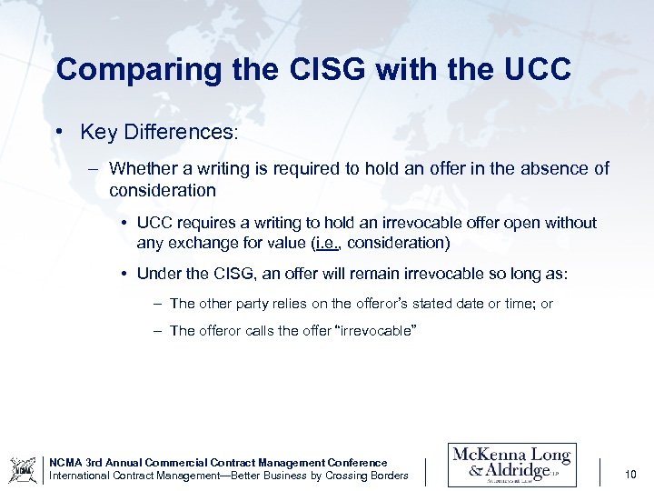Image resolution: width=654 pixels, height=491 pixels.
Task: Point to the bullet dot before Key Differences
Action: (59, 133)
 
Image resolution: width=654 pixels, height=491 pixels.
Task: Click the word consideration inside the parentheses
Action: (396, 243)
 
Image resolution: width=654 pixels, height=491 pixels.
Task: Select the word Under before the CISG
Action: (160, 274)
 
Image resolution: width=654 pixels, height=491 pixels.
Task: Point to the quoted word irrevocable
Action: (377, 331)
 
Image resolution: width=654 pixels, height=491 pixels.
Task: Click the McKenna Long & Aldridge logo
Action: (511, 465)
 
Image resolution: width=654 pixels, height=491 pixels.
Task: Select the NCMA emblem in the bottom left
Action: (23, 469)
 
